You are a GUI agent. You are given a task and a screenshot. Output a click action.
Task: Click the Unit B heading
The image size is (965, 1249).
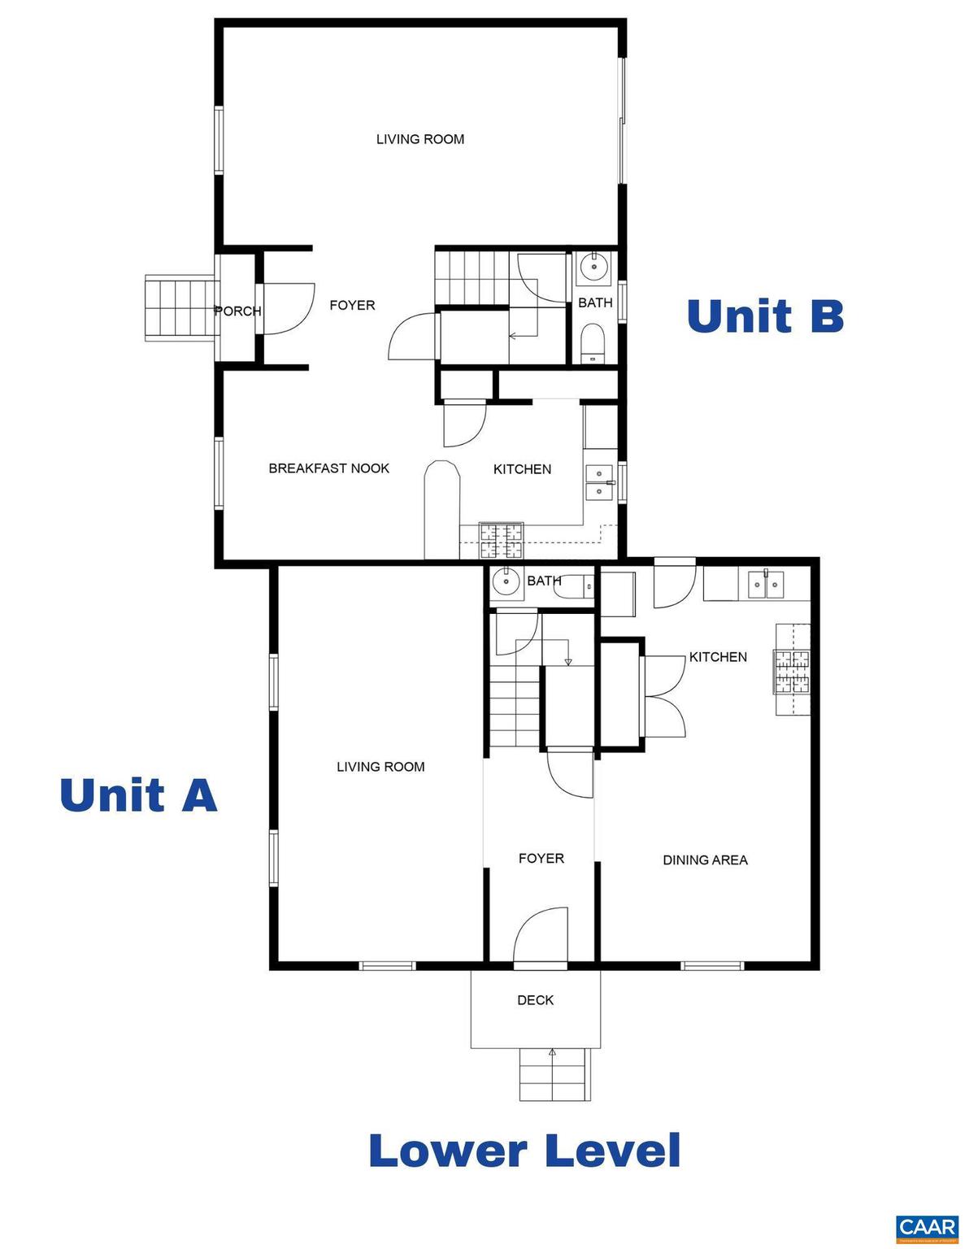point(765,316)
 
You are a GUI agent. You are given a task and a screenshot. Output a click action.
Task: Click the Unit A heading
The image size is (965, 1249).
point(138,794)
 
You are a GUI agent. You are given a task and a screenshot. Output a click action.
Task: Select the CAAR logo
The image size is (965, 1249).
point(927,1228)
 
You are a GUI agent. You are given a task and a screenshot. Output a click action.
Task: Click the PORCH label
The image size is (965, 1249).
point(237,311)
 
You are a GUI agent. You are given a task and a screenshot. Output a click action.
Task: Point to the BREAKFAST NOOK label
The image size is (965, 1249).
point(328,468)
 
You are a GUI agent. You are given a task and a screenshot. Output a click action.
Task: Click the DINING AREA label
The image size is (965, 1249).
point(705,860)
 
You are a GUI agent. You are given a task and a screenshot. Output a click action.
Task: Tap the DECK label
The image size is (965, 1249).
point(535,1000)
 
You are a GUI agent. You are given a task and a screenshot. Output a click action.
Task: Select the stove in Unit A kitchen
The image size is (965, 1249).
point(792,670)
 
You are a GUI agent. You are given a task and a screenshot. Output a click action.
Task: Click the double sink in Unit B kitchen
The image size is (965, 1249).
point(600,482)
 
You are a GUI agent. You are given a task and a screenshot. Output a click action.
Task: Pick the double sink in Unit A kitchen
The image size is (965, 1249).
point(766,583)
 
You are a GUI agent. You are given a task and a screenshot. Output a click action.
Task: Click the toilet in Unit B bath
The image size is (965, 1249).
point(593,343)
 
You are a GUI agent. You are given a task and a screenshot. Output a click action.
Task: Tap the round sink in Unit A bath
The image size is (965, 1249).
point(506,581)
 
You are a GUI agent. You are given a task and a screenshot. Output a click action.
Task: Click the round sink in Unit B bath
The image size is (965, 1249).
point(596,266)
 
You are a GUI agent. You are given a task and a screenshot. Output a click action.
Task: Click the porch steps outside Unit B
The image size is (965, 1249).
point(180,307)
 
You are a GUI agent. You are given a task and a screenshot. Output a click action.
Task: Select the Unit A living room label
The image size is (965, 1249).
point(380,766)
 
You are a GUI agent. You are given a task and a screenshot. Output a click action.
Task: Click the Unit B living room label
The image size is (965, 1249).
point(419,139)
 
